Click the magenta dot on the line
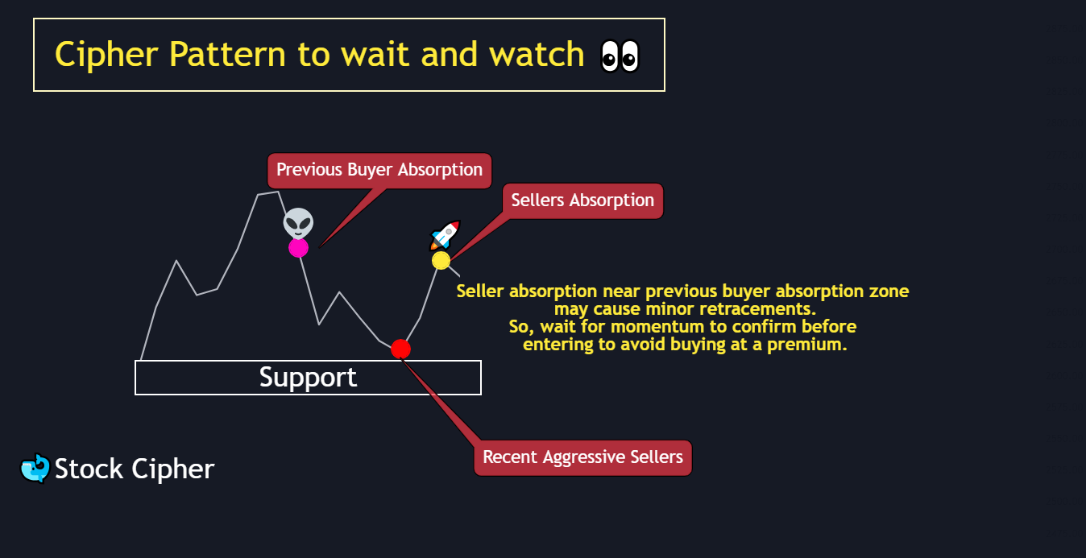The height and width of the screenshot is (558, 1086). coord(298,247)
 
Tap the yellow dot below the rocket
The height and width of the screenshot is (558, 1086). coord(441,260)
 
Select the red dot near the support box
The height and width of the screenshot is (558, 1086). coord(400,349)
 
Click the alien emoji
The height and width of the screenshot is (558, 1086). coord(298,222)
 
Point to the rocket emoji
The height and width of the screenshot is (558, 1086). coord(446,234)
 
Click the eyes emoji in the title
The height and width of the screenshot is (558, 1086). coord(620,56)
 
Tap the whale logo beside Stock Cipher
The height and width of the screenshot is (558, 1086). coord(35,469)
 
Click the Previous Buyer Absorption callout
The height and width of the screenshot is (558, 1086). coord(379,170)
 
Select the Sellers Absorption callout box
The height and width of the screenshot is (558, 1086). coord(582,200)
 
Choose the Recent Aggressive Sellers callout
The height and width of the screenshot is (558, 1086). coord(582,457)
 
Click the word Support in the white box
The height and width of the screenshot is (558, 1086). coord(308,378)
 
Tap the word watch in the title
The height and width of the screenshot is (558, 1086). coord(537,55)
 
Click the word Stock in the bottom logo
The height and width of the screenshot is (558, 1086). coord(89,469)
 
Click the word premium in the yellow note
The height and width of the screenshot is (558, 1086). coord(806,345)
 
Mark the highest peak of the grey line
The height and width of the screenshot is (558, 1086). coord(268,192)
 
